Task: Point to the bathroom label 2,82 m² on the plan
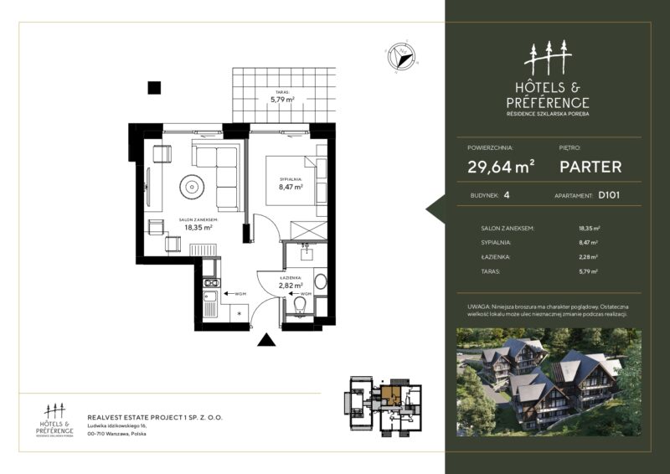[291, 284]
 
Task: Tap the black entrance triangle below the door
[266, 340]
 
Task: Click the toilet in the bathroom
[299, 311]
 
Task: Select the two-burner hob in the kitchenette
[210, 287]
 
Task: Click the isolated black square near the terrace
[154, 85]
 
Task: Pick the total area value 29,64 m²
[501, 167]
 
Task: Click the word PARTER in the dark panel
[590, 167]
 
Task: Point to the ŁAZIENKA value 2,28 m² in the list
[588, 257]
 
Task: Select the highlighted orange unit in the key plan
[391, 393]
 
